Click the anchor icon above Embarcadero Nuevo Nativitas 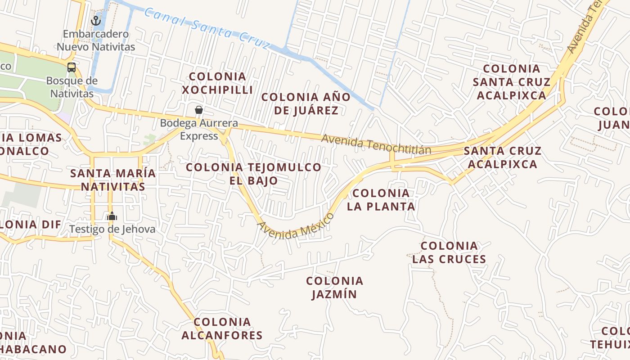(x=95, y=20)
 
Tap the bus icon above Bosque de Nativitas (x=72, y=67)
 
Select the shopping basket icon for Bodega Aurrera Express (x=198, y=110)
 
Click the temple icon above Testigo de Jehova (x=112, y=216)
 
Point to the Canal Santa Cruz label (x=207, y=27)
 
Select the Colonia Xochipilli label (x=217, y=83)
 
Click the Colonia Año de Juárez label (x=306, y=103)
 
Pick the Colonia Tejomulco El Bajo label (x=253, y=174)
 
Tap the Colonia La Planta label (x=381, y=200)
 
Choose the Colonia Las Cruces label (x=449, y=252)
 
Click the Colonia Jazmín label (x=334, y=288)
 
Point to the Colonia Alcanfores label (x=222, y=328)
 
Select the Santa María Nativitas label (x=113, y=180)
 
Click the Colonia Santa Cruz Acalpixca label (x=511, y=82)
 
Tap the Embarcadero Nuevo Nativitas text (x=95, y=40)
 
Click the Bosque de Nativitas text (x=72, y=87)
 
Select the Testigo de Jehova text (x=112, y=229)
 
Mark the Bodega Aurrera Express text (x=199, y=129)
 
